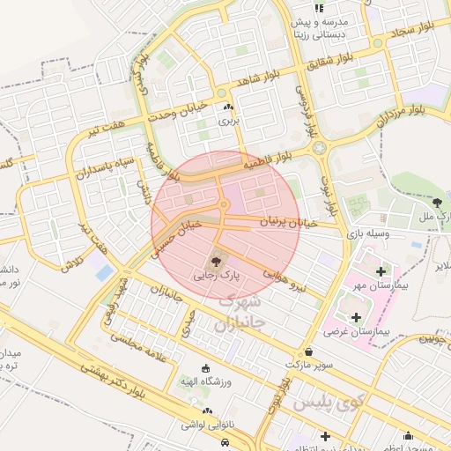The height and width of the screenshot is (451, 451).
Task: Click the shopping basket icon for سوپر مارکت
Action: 307,350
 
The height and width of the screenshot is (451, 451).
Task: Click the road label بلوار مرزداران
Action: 403,113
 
